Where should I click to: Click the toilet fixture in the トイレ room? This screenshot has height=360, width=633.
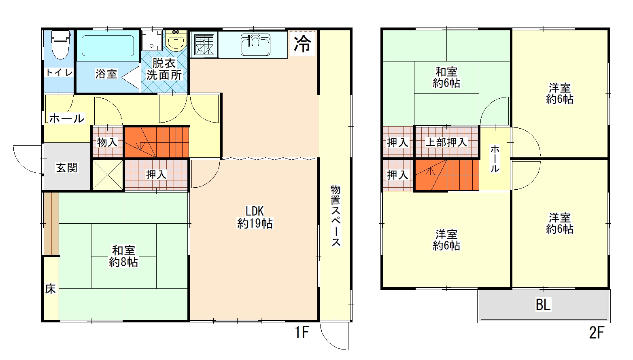coord(60,44)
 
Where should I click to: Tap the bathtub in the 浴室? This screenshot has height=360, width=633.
coord(108,46)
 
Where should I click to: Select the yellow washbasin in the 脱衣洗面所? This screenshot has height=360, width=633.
coord(176,41)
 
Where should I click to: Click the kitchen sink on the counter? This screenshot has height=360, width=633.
coord(255,44)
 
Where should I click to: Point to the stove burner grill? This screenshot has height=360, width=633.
coord(204,44)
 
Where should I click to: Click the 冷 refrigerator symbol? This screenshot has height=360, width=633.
coord(302,44)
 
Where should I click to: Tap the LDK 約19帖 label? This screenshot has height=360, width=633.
coord(255,217)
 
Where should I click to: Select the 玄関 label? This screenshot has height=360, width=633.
coord(67,168)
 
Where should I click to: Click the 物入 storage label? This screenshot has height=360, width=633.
coord(107,142)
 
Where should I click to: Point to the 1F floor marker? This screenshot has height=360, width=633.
coord(302,332)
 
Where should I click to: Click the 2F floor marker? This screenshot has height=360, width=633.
coord(597,332)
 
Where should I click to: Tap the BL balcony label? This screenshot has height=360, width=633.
coord(543,305)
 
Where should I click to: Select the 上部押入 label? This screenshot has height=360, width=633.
coord(446,142)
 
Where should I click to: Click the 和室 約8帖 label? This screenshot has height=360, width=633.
coord(123,256)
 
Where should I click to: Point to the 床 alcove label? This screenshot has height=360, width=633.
coord(50,289)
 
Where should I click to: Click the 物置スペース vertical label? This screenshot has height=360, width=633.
coord(336,216)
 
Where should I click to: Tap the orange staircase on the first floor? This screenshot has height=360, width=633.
coord(157,142)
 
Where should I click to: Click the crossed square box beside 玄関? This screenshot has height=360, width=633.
coord(108,175)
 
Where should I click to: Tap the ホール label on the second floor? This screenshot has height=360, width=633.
coord(495,159)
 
